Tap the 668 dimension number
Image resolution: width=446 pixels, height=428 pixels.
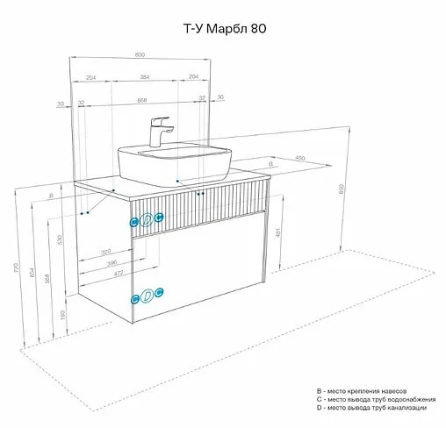coord(142,99)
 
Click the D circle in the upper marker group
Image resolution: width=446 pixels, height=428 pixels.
coord(147,220)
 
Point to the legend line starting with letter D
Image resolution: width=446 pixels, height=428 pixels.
coord(371,408)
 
